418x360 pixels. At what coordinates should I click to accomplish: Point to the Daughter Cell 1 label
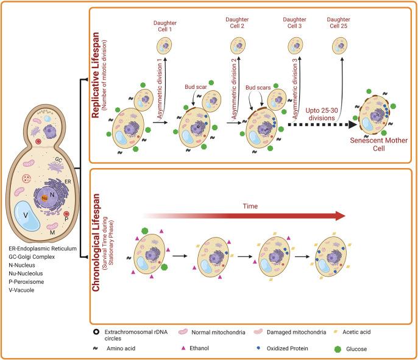click(x=165, y=25)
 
